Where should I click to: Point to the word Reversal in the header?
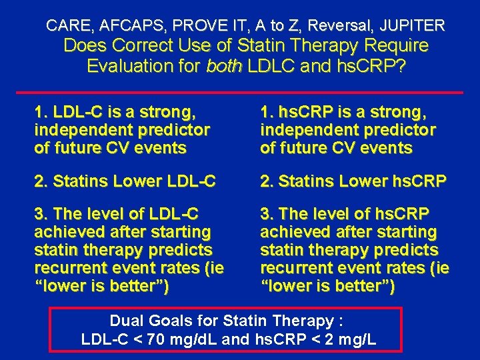coord(338,26)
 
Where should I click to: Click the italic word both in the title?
coord(225,66)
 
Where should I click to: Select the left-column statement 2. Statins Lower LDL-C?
coord(125,181)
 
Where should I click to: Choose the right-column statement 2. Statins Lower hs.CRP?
coord(353,181)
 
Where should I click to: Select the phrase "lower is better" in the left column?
coord(101,287)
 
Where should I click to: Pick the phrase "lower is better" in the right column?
coord(328,287)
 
